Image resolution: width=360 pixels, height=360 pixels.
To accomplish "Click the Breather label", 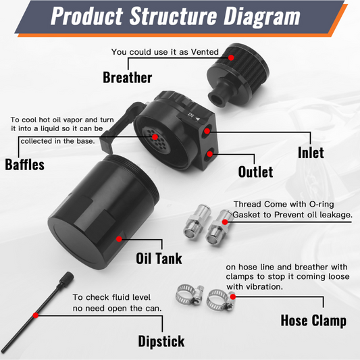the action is tap(127, 78).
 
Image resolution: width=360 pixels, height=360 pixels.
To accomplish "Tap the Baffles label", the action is tap(24, 164).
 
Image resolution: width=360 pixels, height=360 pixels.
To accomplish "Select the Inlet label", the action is tap(311, 153).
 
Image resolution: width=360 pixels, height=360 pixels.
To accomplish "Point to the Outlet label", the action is tap(255, 172).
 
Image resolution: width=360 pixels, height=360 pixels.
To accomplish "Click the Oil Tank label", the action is tap(159, 258).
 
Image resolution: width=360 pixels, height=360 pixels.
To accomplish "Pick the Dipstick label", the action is tap(161, 341).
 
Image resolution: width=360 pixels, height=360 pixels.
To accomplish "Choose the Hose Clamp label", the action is tap(313, 321).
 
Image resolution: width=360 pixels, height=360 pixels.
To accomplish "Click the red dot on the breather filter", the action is tap(231, 57).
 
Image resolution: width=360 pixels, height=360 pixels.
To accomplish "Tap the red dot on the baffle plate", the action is tap(155, 137).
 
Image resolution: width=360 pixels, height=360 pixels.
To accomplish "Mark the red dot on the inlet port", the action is tap(207, 131).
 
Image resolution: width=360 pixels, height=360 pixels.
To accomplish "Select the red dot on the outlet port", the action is tap(209, 154).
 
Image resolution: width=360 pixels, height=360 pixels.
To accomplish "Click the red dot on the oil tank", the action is tap(119, 239).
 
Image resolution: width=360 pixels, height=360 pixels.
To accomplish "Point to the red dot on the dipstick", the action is tap(36, 315).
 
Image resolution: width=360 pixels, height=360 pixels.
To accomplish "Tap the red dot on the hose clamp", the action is tap(233, 297).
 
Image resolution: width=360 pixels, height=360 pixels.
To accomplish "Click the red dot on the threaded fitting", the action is tap(225, 222).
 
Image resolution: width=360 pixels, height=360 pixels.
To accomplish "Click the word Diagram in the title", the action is tap(262, 16).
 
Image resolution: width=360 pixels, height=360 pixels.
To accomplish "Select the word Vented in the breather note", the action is tap(205, 52).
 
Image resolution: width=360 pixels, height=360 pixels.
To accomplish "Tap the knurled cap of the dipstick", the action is tap(67, 278).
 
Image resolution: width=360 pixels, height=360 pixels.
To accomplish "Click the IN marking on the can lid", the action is tap(191, 114).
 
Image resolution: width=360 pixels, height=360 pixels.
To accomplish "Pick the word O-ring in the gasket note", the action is tap(322, 204).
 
